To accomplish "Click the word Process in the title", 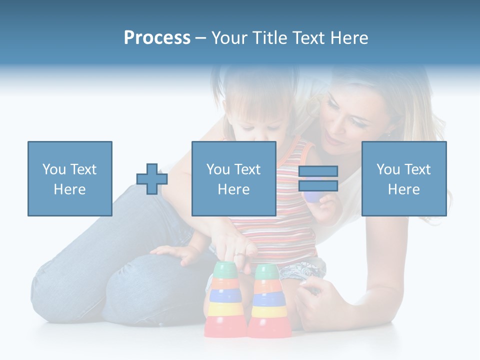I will click(x=157, y=38).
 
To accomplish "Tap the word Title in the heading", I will click(x=270, y=38).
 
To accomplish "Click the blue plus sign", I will click(x=152, y=179).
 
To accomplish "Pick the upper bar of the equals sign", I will click(x=318, y=171).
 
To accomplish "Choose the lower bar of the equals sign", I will click(x=318, y=185).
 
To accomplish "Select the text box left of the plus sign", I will click(x=69, y=178).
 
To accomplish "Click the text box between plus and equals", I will click(x=233, y=178).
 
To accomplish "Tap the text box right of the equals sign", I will click(x=403, y=178).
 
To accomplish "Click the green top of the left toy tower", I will click(x=224, y=270).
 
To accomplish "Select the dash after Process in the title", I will click(x=201, y=38).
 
